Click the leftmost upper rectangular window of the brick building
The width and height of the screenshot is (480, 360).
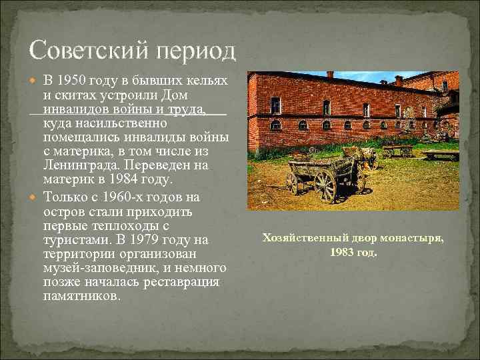click(275, 105)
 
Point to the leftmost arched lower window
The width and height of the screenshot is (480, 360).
click(275, 125)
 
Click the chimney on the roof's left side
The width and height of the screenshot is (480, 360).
click(329, 75)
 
